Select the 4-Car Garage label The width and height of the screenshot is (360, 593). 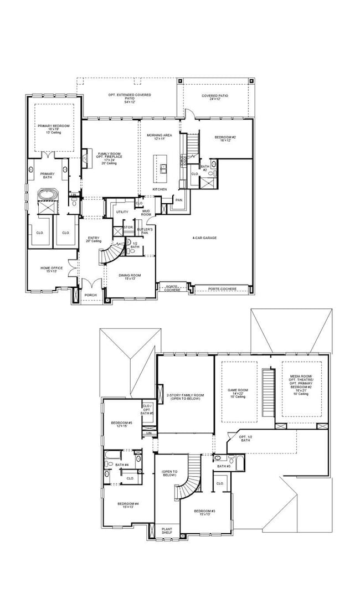204,238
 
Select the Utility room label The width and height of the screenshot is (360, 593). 122,212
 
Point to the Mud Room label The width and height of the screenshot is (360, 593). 146,212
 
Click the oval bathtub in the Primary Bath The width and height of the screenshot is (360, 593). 44,195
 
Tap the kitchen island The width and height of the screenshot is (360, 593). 164,169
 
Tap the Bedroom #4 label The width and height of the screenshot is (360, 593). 128,505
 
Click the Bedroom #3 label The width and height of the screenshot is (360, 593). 204,512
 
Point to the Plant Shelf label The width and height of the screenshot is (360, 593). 167,531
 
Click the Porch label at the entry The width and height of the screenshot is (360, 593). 90,295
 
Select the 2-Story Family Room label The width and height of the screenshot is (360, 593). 185,396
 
